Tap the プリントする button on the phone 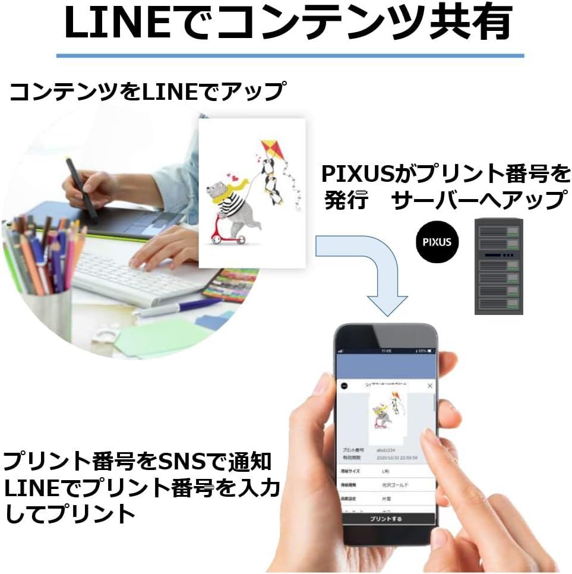point(385,519)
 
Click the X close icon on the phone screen point(431,386)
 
